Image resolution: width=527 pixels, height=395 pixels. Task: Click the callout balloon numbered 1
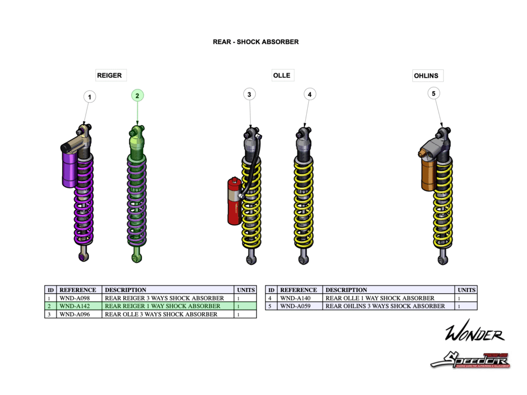(90, 97)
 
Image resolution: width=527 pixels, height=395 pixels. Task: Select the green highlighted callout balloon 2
(137, 95)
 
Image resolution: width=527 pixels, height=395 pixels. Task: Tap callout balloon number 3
(249, 94)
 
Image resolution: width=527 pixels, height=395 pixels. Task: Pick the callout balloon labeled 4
(309, 94)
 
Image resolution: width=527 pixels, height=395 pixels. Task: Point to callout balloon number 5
(433, 93)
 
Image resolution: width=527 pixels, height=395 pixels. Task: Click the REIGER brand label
(110, 76)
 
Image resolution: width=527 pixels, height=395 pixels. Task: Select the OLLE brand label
(282, 76)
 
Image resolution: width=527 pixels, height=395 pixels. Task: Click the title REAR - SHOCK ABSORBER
(256, 42)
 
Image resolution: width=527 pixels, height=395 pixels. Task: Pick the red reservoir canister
(235, 201)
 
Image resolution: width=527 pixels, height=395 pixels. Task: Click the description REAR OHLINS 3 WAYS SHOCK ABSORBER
(385, 306)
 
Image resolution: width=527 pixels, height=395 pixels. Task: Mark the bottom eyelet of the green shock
(136, 257)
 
